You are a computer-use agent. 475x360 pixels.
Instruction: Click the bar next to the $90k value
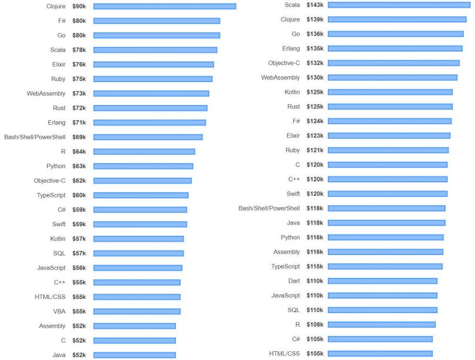click(x=164, y=6)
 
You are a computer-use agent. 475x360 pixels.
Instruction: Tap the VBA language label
click(x=59, y=311)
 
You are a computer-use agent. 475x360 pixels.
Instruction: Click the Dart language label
click(x=294, y=281)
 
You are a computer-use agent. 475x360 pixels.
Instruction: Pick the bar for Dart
click(x=382, y=281)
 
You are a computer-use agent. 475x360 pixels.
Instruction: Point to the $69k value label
click(x=79, y=137)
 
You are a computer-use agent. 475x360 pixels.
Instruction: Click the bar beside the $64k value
click(x=144, y=151)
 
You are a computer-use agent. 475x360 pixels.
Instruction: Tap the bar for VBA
click(x=137, y=311)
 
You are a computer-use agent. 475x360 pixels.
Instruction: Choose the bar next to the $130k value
click(x=392, y=77)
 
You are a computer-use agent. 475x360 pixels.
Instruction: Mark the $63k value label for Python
click(x=79, y=166)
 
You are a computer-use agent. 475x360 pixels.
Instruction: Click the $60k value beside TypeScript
click(x=79, y=195)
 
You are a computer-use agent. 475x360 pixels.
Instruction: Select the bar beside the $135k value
click(x=395, y=49)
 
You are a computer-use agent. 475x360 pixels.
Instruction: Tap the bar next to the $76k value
click(x=153, y=64)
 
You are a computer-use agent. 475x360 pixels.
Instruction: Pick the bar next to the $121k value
click(x=388, y=150)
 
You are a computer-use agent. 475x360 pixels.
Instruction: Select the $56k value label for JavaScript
click(x=79, y=268)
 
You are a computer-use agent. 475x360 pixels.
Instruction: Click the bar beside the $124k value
click(x=389, y=121)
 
